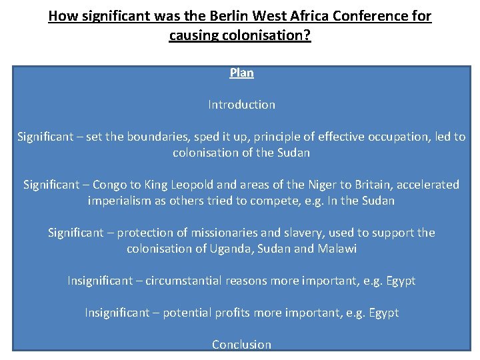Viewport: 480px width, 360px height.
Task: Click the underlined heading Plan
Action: click(241, 73)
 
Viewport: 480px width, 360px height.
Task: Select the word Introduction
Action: click(241, 105)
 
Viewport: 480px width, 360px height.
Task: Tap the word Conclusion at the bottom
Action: click(241, 345)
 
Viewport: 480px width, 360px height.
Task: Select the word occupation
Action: click(392, 137)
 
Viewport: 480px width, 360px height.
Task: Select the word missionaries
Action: click(225, 233)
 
